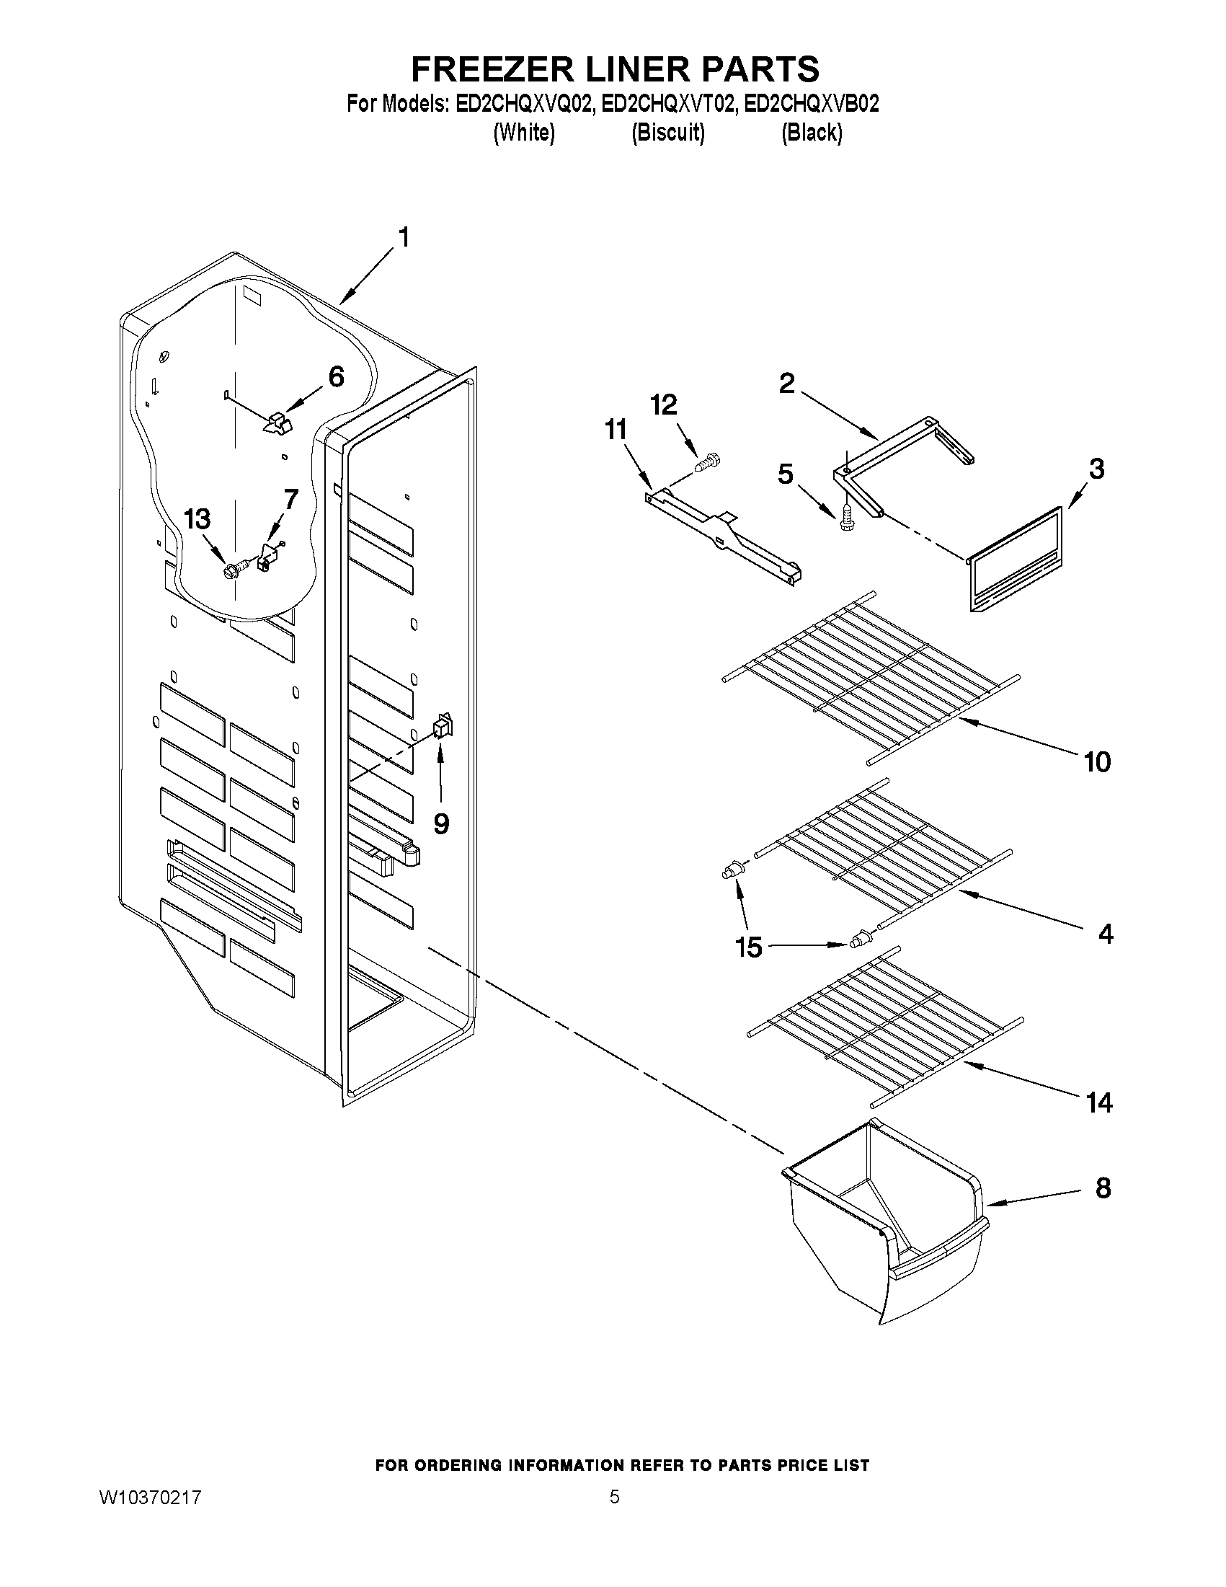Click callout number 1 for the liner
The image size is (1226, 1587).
404,238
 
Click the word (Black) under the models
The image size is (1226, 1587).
812,133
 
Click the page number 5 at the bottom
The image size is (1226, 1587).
615,1496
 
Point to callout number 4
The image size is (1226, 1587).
1105,934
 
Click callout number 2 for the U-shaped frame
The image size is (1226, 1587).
786,383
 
